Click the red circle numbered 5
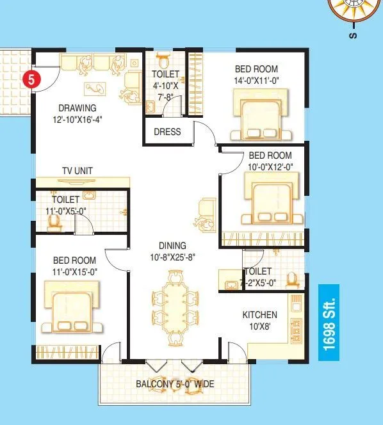(x=29, y=80)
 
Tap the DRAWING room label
(x=77, y=108)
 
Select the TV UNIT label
(x=77, y=171)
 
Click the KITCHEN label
(x=259, y=314)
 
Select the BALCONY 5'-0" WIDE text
(x=175, y=384)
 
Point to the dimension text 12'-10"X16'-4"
(x=77, y=119)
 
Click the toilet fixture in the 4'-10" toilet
(x=163, y=63)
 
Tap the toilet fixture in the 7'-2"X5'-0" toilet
(x=291, y=280)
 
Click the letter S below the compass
(x=352, y=36)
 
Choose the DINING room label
(x=173, y=245)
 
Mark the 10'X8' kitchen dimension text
(x=259, y=326)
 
